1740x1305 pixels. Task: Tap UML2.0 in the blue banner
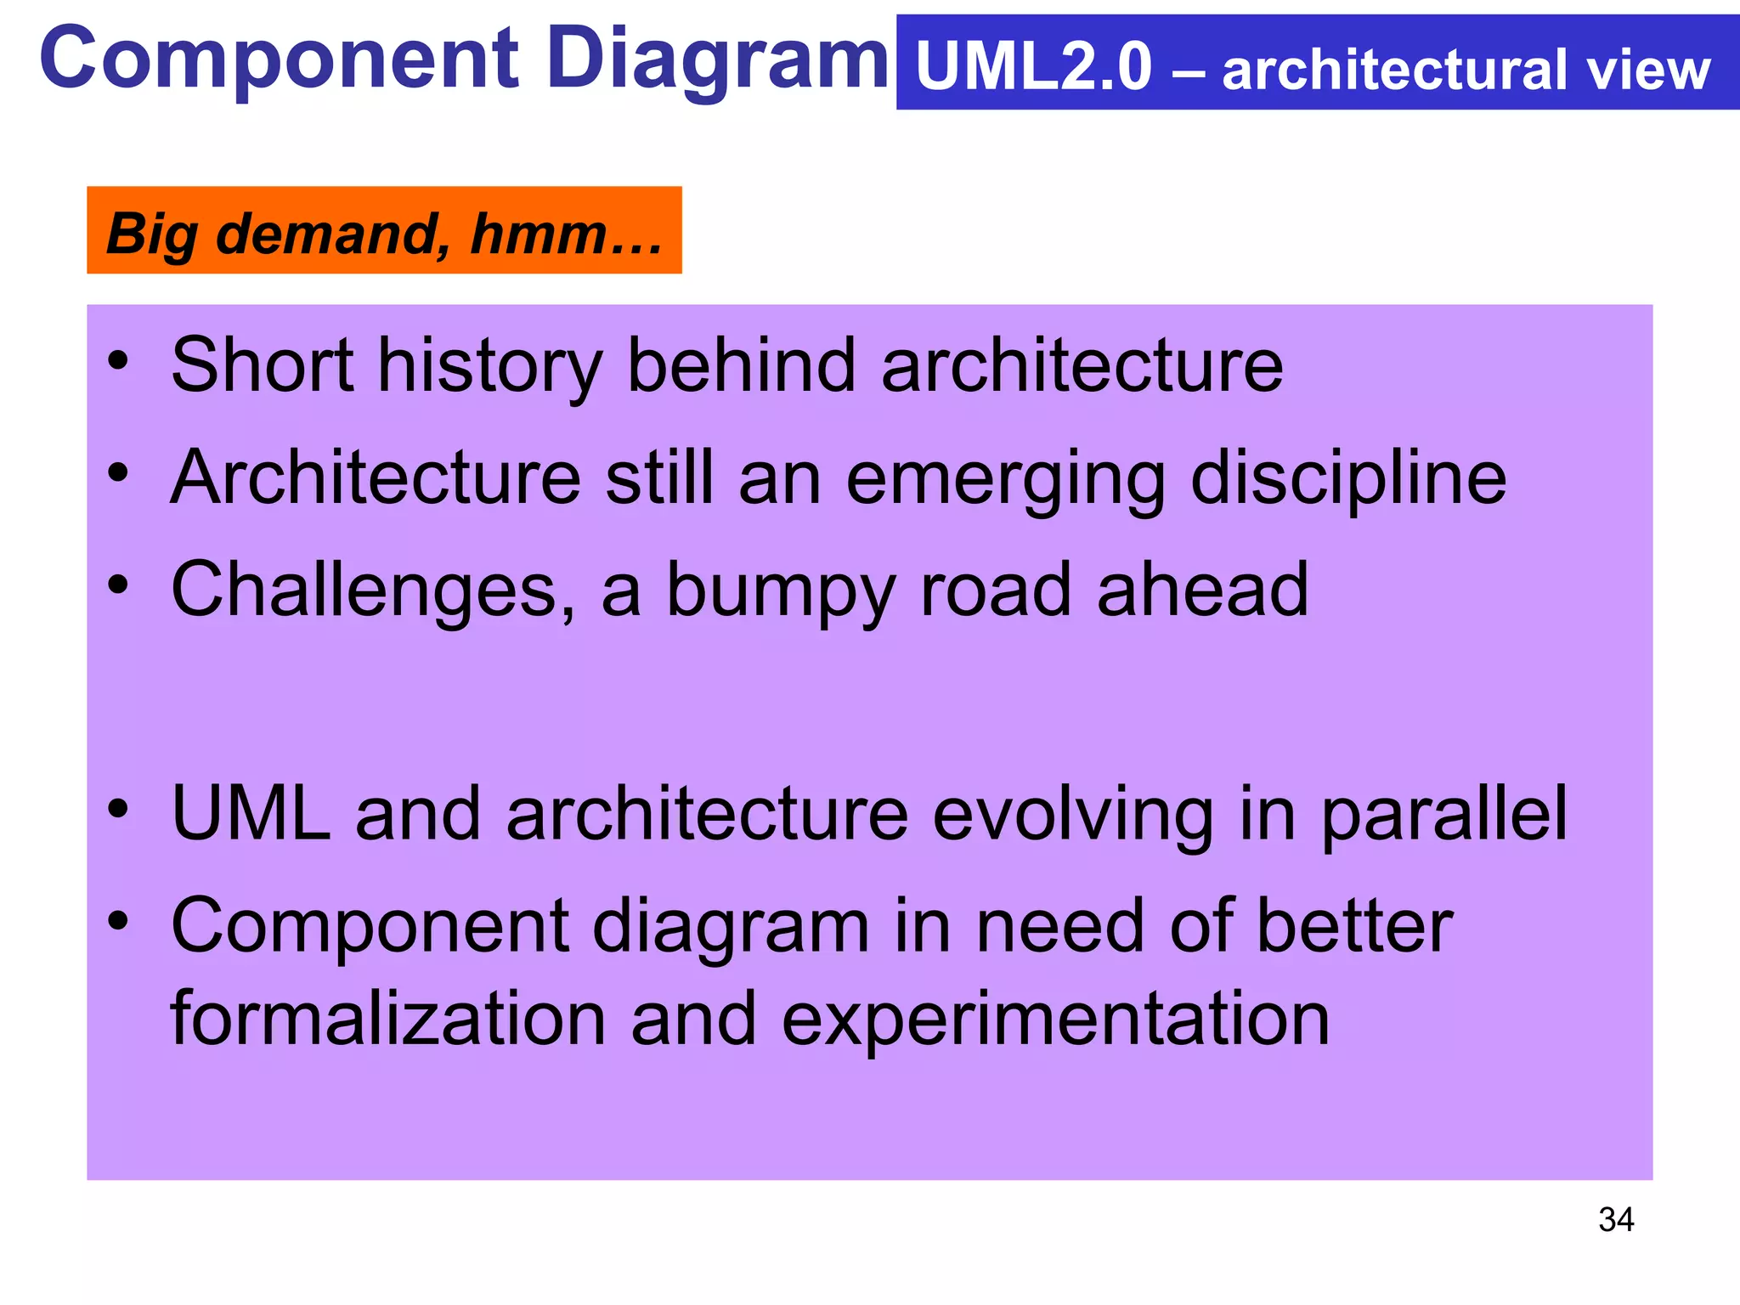(x=1033, y=68)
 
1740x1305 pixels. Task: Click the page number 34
(x=1615, y=1220)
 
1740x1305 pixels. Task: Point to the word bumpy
(x=781, y=592)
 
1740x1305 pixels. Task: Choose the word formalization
(x=388, y=1019)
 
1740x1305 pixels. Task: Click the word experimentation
(x=1055, y=1020)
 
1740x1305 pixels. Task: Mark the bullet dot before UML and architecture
(x=118, y=808)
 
